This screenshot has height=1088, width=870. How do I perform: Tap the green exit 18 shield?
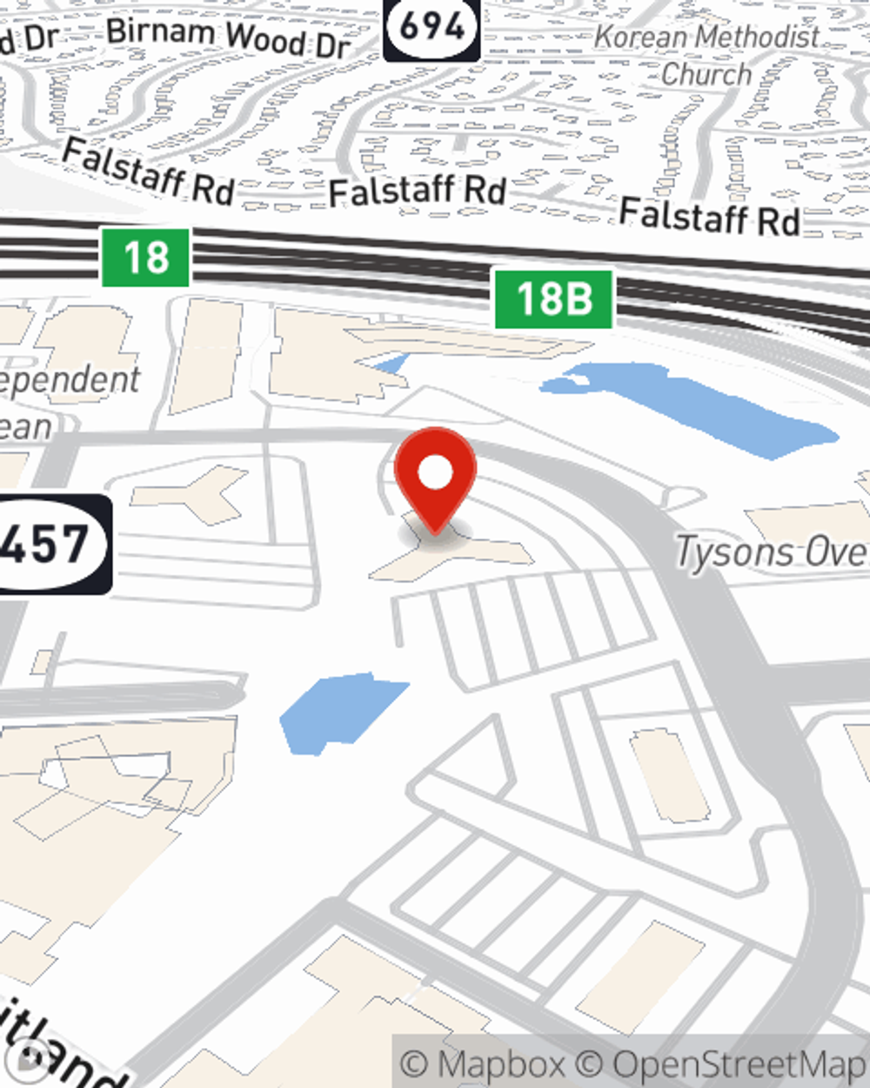(145, 258)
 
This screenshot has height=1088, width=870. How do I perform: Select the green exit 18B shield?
(554, 299)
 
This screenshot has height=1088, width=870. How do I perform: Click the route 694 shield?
(432, 29)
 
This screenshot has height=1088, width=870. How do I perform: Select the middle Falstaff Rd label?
(418, 191)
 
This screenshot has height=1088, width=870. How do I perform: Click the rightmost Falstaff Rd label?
(709, 216)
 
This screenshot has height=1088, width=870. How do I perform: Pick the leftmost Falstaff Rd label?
(148, 171)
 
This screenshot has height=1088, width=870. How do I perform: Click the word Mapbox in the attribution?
(501, 1064)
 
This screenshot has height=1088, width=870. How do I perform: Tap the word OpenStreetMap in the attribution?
(739, 1064)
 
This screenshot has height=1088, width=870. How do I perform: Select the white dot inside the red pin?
(435, 473)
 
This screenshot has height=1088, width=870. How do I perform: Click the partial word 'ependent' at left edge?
(70, 380)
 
